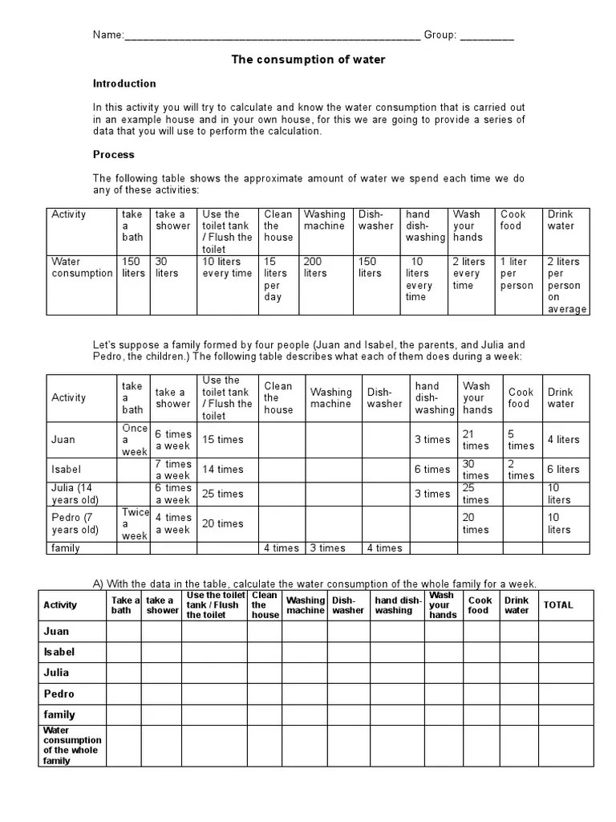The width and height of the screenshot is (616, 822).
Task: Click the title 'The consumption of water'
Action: point(308,59)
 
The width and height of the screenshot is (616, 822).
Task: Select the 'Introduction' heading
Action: point(124,83)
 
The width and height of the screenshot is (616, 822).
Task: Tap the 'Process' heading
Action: point(114,154)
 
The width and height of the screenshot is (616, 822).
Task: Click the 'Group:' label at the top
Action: point(440,35)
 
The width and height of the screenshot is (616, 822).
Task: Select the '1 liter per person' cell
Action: point(517,273)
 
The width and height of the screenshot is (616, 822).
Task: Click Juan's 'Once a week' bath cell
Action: point(134,440)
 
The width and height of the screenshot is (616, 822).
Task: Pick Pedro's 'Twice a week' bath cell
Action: point(135,523)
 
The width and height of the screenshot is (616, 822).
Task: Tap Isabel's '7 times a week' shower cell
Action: point(172,470)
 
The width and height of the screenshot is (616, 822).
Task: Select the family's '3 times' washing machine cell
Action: point(327,548)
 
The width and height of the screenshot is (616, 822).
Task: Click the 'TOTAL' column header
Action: point(558,604)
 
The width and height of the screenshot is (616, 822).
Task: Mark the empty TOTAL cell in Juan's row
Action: point(565,632)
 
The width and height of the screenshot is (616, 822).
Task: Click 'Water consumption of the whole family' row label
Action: point(72,746)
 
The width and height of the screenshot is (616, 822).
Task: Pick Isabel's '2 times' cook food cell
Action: point(520,470)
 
